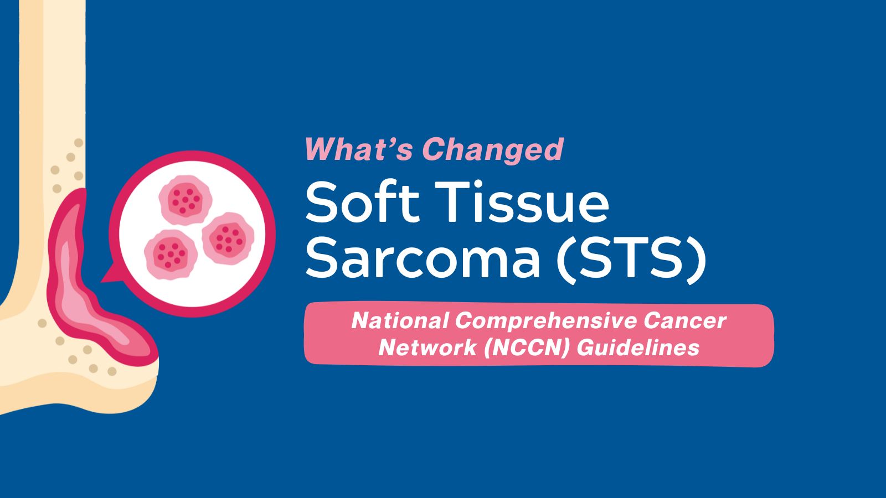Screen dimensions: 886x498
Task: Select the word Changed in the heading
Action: (x=493, y=150)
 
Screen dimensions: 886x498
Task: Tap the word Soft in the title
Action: (x=362, y=201)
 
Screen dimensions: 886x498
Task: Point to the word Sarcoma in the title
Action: (x=423, y=257)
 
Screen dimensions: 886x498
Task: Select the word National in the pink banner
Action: (x=400, y=320)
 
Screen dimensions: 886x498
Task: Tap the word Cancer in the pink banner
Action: (x=684, y=320)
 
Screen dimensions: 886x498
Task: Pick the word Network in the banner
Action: (x=427, y=348)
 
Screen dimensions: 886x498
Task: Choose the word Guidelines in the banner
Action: (x=638, y=348)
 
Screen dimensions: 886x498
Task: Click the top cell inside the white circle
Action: (x=185, y=200)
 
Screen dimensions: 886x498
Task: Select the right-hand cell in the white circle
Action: (x=228, y=238)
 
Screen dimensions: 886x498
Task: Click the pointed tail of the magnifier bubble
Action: (x=107, y=277)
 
